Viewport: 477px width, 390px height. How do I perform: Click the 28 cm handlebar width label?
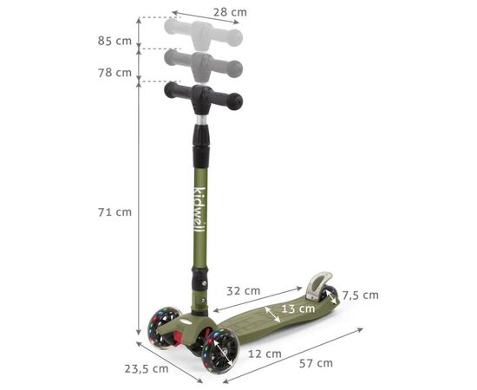tap(230, 12)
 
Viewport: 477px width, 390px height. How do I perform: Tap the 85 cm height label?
tap(114, 41)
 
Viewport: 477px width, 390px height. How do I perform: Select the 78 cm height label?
tap(114, 73)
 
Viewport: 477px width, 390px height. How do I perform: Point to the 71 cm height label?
tap(114, 211)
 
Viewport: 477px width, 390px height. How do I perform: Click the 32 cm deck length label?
tap(244, 291)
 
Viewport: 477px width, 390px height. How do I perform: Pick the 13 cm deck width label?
tap(297, 309)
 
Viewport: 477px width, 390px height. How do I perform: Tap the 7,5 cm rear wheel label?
tap(360, 296)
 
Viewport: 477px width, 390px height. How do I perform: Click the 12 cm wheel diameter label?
tap(265, 354)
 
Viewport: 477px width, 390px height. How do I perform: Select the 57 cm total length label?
tap(316, 363)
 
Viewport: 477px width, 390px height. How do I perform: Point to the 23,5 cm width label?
tap(147, 368)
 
